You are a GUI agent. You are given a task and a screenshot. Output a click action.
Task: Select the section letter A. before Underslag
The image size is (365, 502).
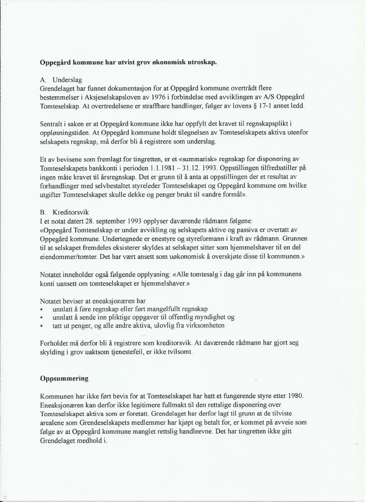tap(43, 80)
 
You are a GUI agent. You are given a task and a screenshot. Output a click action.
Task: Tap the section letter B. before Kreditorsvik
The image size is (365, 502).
tap(43, 213)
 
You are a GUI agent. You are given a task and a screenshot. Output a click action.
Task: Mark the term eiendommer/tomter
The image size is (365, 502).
tap(69, 256)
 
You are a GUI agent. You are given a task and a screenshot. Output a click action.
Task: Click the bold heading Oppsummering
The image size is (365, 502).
tap(64, 379)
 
